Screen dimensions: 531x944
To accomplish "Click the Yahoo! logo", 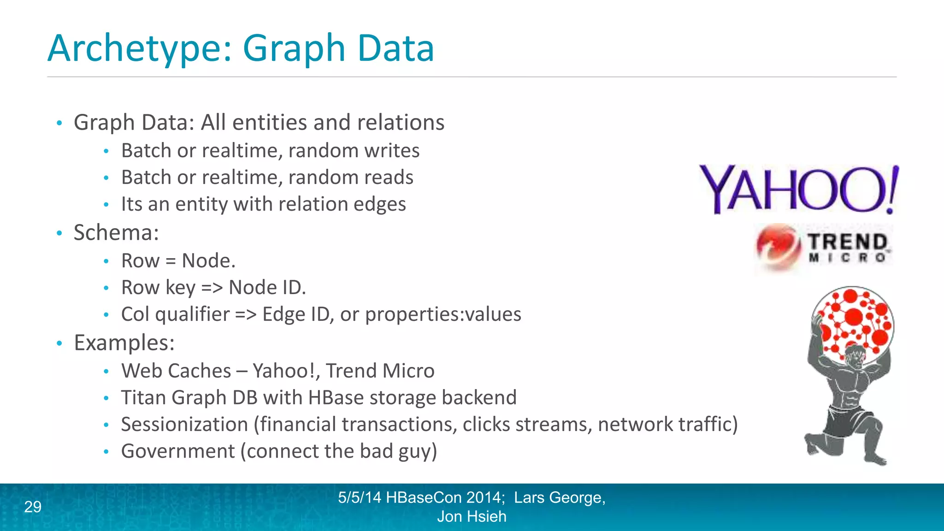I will [798, 189].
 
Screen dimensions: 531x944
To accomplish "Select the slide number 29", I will [33, 507].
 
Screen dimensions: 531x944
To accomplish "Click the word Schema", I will [115, 232].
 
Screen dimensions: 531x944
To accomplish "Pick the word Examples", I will [124, 342].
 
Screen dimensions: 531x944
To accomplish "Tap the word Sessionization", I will [184, 424].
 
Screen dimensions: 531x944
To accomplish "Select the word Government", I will [178, 451].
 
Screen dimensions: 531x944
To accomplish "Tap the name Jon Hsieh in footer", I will [472, 517].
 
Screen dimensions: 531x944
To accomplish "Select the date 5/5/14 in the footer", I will [360, 497].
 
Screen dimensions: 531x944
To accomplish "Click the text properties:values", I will [443, 314].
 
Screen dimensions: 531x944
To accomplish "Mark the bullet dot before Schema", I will [59, 233].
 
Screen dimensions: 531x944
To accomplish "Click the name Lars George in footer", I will [559, 497].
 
